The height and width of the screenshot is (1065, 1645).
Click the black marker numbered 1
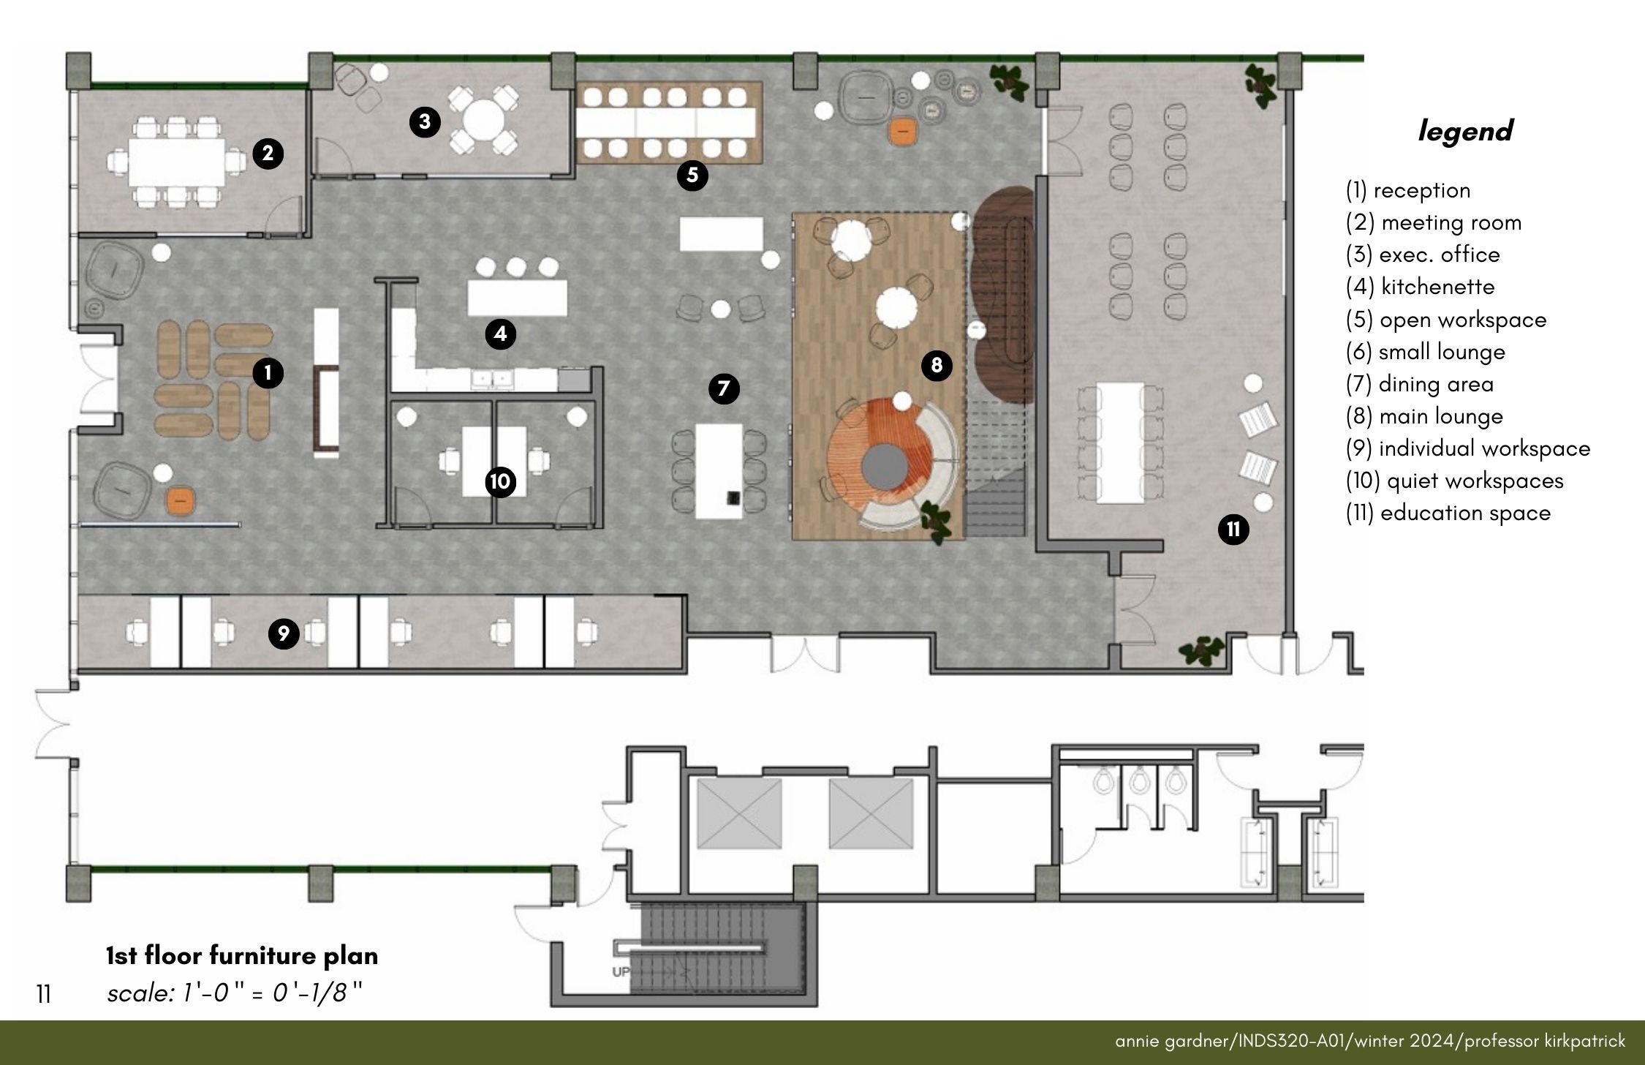tap(268, 373)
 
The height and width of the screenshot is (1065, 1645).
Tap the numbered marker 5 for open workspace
tap(692, 175)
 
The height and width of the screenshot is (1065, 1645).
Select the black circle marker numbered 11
tap(1233, 529)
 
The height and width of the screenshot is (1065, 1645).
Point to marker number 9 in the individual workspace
tap(284, 633)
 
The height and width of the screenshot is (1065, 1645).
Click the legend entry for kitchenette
tap(1420, 287)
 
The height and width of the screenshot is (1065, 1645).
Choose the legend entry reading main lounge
tap(1424, 416)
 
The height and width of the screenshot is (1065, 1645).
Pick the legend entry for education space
tap(1448, 513)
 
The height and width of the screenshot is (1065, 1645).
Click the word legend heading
tap(1465, 132)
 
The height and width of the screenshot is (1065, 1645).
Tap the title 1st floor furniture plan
tap(242, 955)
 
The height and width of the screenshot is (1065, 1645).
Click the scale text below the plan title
tap(235, 993)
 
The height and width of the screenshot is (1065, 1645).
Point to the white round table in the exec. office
tap(481, 119)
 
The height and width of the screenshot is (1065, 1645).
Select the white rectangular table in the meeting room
tap(176, 162)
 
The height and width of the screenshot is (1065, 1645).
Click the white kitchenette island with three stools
tap(518, 297)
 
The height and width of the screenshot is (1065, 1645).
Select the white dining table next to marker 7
tap(719, 471)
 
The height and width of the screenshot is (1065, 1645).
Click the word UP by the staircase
tap(620, 972)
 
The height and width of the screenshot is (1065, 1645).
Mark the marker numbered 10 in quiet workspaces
tap(500, 481)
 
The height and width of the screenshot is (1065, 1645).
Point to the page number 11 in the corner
tap(43, 994)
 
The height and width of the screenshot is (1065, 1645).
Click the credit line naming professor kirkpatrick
tap(1370, 1041)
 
